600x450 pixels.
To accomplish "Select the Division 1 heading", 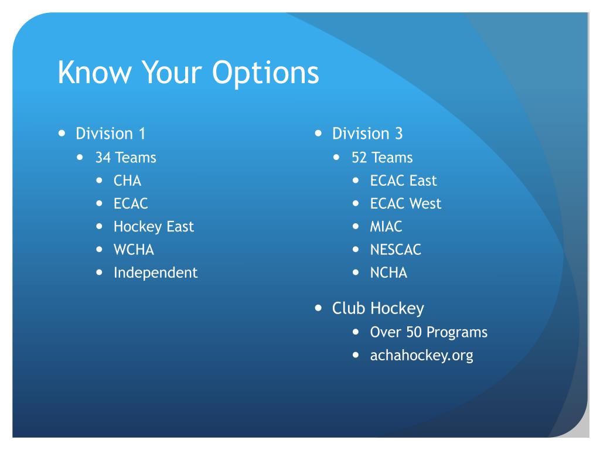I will point(110,134).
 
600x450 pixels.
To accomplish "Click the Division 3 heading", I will point(367,134).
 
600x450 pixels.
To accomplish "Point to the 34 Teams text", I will point(125,158).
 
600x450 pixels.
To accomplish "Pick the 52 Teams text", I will point(382,158).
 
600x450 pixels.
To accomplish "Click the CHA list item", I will point(127,180).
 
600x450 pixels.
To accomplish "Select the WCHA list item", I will point(134,250).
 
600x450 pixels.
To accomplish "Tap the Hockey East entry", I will point(154,227).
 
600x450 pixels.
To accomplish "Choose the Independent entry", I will point(155,272).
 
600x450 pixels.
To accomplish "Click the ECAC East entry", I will point(403,180).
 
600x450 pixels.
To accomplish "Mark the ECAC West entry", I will point(405,204).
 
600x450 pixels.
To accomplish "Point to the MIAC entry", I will point(386,227).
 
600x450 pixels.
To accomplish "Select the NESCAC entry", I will point(396,250).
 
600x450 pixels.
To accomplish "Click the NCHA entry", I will point(388,272).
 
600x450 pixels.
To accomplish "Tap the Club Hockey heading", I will point(378,308).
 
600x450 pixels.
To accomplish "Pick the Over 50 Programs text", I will point(428,332).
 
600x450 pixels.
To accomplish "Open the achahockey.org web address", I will point(421,355).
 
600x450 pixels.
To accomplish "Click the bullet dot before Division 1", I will point(62,133).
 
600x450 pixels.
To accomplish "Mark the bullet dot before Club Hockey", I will point(318,308).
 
